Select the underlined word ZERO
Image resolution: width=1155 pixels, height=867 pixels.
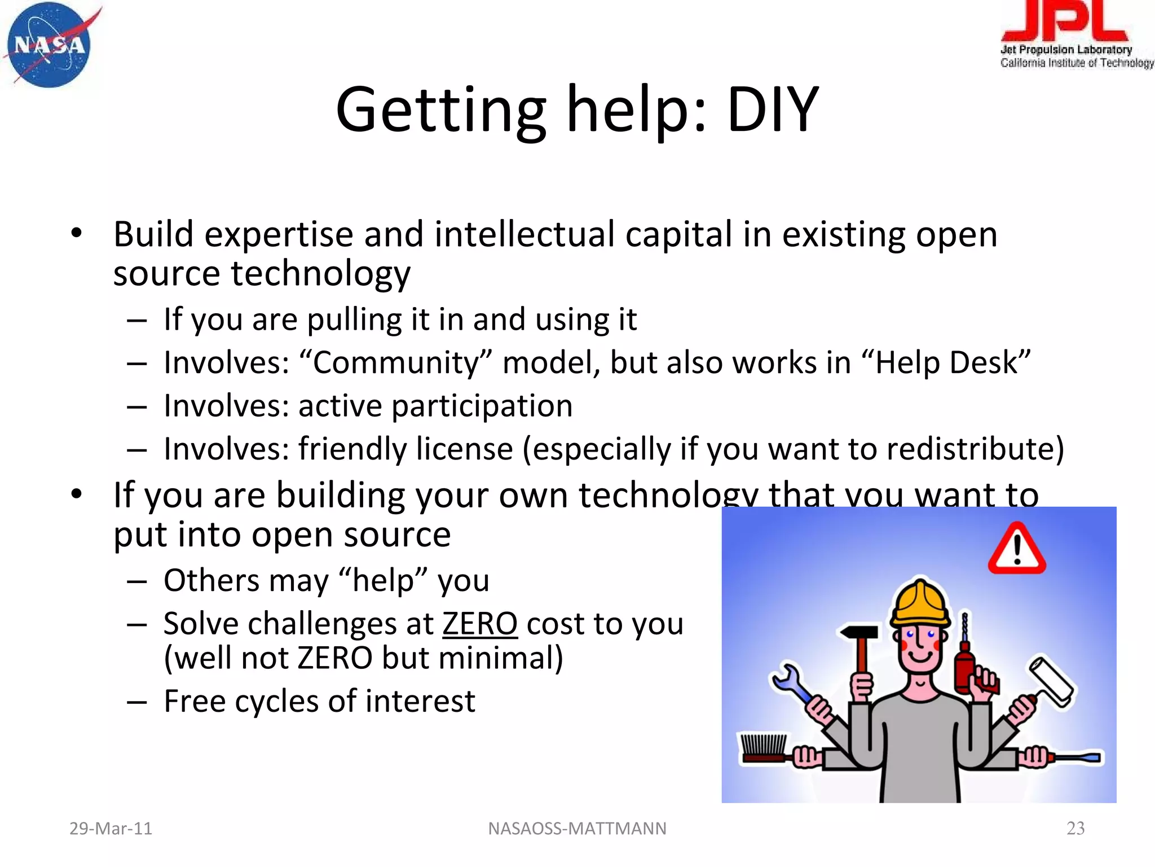pyautogui.click(x=479, y=624)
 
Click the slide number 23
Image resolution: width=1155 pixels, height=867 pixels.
pyautogui.click(x=1075, y=828)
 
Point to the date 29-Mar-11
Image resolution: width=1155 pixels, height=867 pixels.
pyautogui.click(x=111, y=828)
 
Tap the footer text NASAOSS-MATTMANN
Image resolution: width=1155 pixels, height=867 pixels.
pyautogui.click(x=577, y=828)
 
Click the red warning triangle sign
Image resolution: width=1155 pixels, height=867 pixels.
pyautogui.click(x=1017, y=549)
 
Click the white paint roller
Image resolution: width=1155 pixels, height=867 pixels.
pyautogui.click(x=1052, y=680)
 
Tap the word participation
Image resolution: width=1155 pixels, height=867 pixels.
pyautogui.click(x=482, y=406)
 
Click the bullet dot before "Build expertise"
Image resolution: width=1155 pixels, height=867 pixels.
pyautogui.click(x=77, y=233)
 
